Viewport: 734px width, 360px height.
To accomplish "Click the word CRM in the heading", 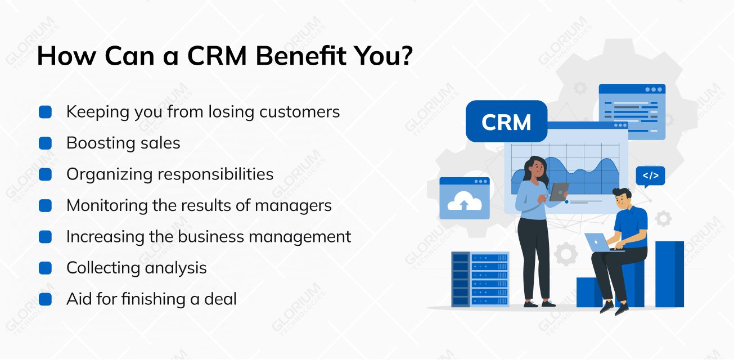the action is pyautogui.click(x=217, y=56).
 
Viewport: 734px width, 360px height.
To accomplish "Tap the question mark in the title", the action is pyautogui.click(x=406, y=55).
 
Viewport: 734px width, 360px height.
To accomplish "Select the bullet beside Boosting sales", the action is pyautogui.click(x=45, y=143).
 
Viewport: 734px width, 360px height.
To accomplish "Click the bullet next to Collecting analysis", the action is pyautogui.click(x=45, y=268).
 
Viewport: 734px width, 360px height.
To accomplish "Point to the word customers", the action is pyautogui.click(x=299, y=112).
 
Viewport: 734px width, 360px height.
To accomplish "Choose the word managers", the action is pyautogui.click(x=293, y=206).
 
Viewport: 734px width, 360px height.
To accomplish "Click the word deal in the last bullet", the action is pyautogui.click(x=220, y=299).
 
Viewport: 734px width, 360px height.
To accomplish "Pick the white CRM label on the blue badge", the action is pyautogui.click(x=506, y=122).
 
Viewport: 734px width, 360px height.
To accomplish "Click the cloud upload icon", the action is pyautogui.click(x=465, y=201).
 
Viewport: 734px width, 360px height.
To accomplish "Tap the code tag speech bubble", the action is pyautogui.click(x=650, y=176).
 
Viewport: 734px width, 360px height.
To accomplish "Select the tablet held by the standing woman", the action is pyautogui.click(x=559, y=192).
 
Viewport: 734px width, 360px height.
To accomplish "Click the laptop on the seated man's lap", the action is pyautogui.click(x=600, y=243).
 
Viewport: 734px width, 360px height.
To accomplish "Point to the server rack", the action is pyautogui.click(x=480, y=280).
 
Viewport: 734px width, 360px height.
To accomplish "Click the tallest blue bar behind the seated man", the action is pyautogui.click(x=669, y=274).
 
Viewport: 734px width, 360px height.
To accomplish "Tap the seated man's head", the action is pyautogui.click(x=622, y=199).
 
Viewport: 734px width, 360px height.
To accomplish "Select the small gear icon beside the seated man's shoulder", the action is pyautogui.click(x=664, y=218).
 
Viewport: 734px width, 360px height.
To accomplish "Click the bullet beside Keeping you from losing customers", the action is pyautogui.click(x=45, y=112).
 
